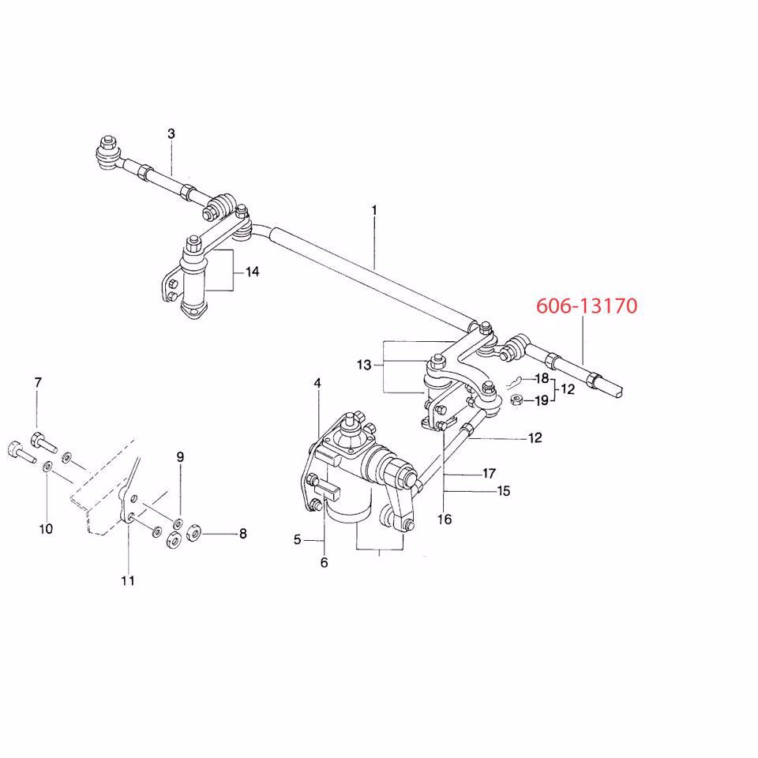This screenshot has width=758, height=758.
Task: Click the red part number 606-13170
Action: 586,306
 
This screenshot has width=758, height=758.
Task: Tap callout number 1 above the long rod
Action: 373,211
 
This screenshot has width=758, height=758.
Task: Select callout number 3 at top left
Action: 171,133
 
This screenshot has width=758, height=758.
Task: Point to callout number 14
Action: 252,272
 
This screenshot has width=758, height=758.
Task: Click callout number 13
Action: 363,366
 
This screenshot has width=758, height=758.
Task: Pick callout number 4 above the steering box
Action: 317,383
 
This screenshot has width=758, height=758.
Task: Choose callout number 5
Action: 298,540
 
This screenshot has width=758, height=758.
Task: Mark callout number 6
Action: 324,562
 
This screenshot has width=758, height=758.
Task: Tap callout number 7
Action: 37,383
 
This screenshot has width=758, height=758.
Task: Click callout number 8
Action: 242,534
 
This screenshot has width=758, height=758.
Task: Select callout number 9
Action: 180,456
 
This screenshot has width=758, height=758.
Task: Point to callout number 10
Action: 46,528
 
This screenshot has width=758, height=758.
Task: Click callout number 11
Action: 128,580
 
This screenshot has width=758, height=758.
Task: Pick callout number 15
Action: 504,490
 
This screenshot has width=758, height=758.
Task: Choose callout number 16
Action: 445,519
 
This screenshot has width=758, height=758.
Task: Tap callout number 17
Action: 489,474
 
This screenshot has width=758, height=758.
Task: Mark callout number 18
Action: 542,379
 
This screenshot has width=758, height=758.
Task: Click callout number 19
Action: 542,400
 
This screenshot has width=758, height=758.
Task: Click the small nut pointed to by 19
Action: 514,400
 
